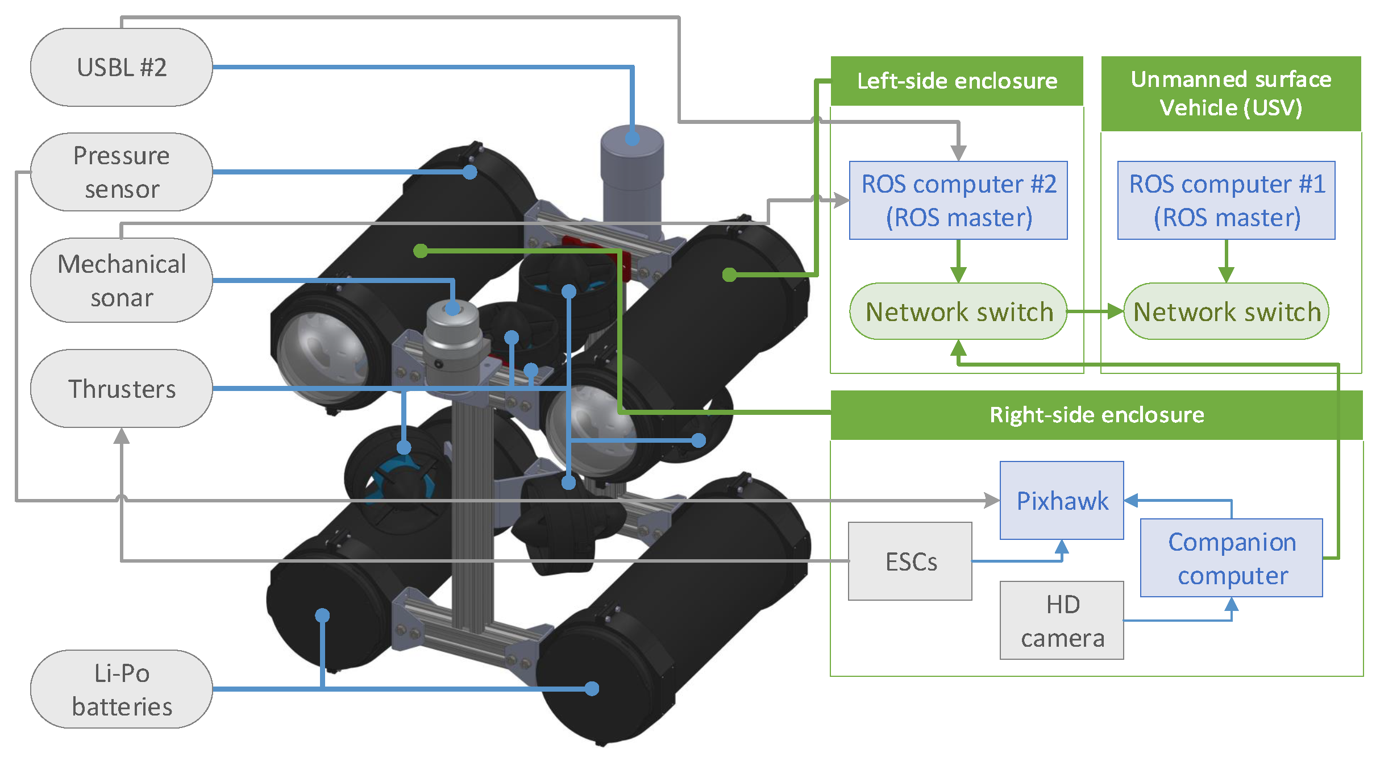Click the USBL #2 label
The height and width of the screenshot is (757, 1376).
(x=122, y=67)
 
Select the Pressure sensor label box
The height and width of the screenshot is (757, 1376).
(x=122, y=172)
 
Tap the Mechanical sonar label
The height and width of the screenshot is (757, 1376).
(x=122, y=280)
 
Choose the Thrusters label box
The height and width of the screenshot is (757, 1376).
(x=122, y=389)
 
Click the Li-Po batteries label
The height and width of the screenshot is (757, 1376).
(x=122, y=689)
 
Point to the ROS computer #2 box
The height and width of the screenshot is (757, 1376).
(x=958, y=200)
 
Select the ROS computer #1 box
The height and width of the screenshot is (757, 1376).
(x=1227, y=200)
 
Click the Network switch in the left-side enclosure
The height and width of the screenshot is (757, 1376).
(x=958, y=311)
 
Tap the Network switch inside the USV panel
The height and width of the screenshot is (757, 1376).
(x=1227, y=311)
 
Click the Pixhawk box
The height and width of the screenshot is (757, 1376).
(x=1062, y=500)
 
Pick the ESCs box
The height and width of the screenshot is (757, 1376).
(x=910, y=561)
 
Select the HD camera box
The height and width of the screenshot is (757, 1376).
(x=1062, y=620)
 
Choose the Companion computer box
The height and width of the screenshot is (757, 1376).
(x=1232, y=558)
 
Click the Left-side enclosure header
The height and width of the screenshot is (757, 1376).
(x=957, y=81)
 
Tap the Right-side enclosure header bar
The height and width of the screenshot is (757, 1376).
(x=1097, y=415)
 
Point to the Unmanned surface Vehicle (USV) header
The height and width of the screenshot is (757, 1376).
(x=1231, y=93)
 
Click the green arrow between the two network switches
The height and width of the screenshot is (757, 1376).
(x=1095, y=311)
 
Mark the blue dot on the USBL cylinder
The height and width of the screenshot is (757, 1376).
(x=632, y=138)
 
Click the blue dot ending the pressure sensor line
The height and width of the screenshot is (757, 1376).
(x=469, y=172)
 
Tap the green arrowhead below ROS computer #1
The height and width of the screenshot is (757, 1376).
(x=1227, y=275)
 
